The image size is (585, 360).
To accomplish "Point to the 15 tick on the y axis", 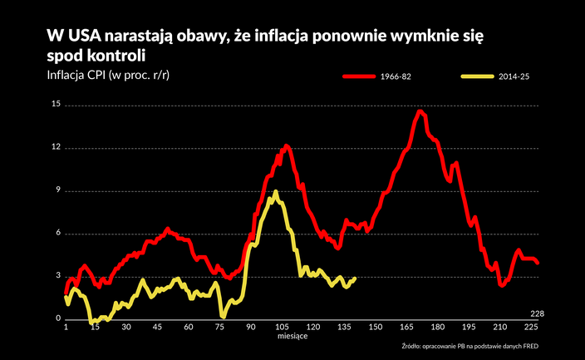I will click(56, 105).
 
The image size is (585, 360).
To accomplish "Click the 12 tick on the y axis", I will click(56, 148).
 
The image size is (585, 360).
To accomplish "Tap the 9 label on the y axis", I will click(57, 190).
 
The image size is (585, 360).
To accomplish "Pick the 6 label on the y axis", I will click(57, 234).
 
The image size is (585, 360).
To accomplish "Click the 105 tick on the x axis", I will click(283, 328).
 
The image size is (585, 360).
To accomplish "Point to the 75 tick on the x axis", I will click(220, 328).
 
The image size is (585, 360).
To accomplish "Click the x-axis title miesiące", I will click(292, 338).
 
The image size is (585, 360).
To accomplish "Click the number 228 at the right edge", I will click(537, 313).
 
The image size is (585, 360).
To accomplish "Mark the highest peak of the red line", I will click(420, 111).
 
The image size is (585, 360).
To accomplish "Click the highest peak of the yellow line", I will click(275, 193).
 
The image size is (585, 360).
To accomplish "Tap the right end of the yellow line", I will click(355, 279).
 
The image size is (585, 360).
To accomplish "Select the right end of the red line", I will click(538, 263).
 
